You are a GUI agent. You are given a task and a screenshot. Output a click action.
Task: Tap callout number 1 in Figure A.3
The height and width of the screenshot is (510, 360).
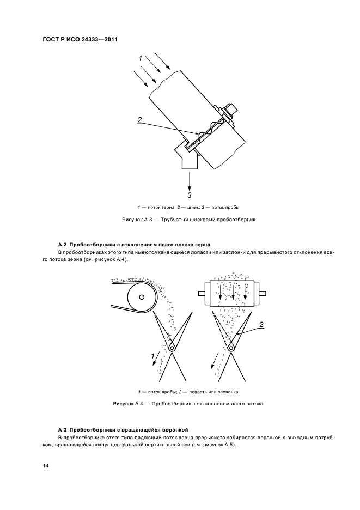click(x=140, y=58)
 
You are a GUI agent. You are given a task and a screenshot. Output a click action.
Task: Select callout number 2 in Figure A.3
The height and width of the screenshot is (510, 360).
click(x=140, y=120)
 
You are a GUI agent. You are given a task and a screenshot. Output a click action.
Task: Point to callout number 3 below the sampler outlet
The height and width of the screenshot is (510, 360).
click(x=190, y=195)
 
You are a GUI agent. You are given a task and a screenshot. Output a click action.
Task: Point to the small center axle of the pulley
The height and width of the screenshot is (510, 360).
click(x=142, y=297)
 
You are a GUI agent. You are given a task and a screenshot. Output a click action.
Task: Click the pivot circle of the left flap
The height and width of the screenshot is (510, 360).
click(x=172, y=348)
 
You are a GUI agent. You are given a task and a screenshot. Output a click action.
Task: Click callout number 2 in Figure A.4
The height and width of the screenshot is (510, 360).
click(x=261, y=325)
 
